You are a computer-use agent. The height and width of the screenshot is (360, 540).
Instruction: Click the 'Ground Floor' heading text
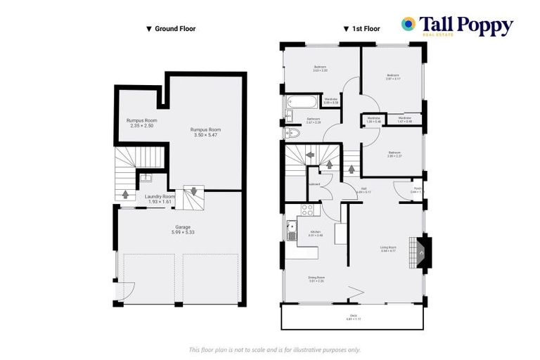click(170, 29)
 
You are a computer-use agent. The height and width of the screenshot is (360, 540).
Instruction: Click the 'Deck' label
click(352, 317)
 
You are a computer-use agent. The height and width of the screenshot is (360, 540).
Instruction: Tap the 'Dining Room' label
click(316, 279)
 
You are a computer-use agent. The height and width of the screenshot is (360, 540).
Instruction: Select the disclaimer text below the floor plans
click(275, 349)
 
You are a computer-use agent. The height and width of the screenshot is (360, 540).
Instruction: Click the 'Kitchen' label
click(316, 233)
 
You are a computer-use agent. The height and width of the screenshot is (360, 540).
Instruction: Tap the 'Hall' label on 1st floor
click(364, 189)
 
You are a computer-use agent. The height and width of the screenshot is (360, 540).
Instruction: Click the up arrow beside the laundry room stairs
click(126, 194)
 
